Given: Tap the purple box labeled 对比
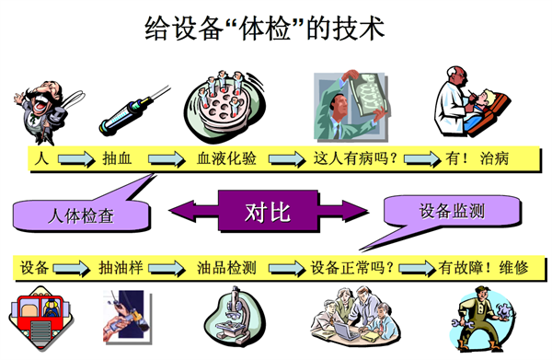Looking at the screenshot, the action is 267,212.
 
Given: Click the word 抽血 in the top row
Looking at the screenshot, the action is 119,158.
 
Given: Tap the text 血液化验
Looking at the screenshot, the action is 227,158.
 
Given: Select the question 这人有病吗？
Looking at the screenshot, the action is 355,158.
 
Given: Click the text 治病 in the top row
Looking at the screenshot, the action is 494,158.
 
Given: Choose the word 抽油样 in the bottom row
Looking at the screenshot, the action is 120,268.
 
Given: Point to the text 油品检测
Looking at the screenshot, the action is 226,268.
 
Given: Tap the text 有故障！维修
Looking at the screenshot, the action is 484,268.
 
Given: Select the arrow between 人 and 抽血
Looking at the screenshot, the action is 75,159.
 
